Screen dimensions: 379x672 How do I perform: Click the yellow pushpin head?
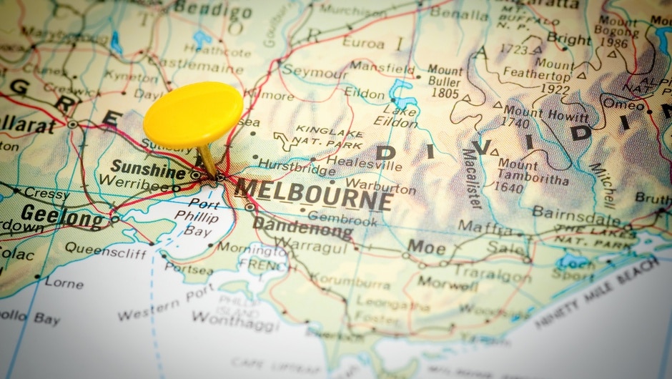click(x=192, y=114)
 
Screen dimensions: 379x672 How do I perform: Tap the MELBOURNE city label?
click(x=314, y=194)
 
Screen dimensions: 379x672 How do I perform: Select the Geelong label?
click(x=62, y=215)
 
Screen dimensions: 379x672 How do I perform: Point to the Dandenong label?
click(x=302, y=228)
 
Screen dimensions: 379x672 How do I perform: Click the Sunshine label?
click(x=148, y=170)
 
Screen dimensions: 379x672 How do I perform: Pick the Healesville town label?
click(x=364, y=164)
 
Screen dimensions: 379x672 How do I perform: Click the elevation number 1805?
click(x=444, y=92)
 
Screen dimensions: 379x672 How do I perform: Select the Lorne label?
click(x=64, y=282)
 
